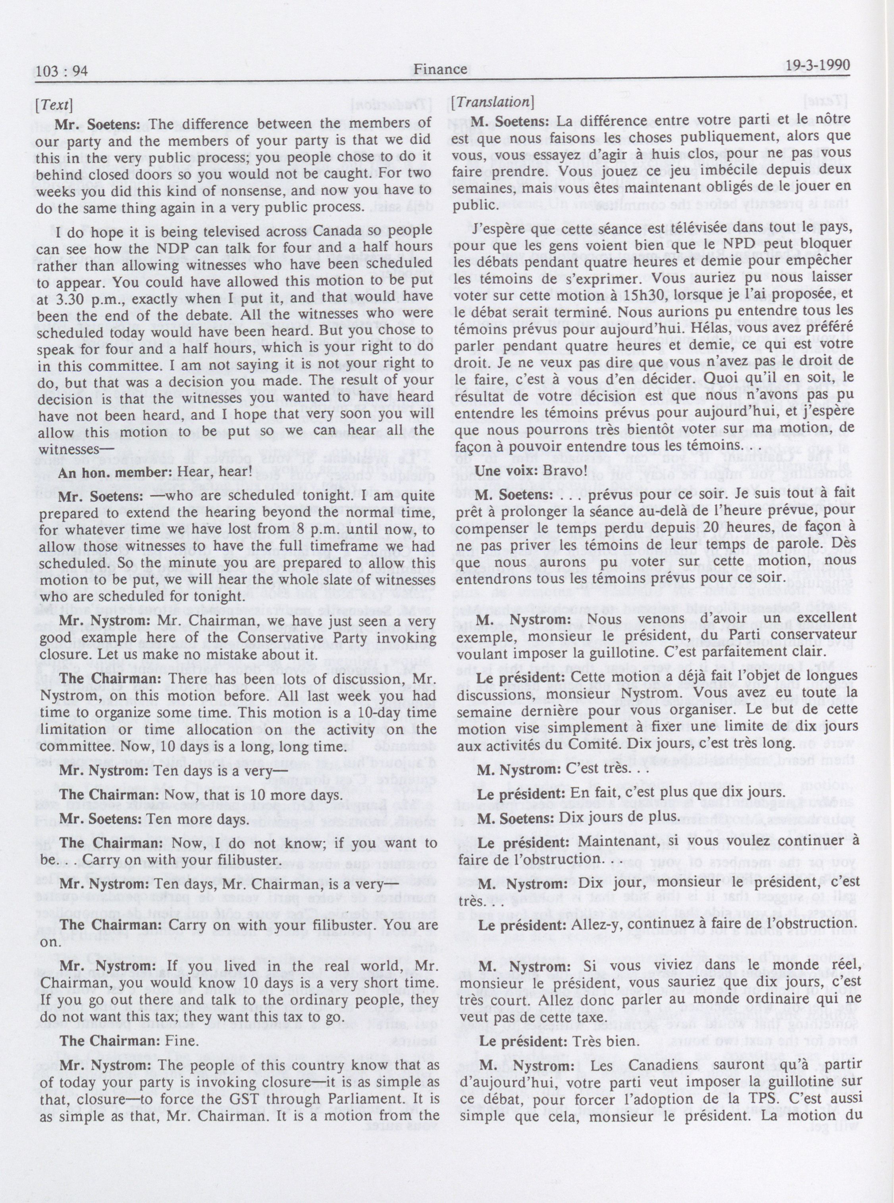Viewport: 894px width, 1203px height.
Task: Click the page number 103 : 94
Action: [61, 70]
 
